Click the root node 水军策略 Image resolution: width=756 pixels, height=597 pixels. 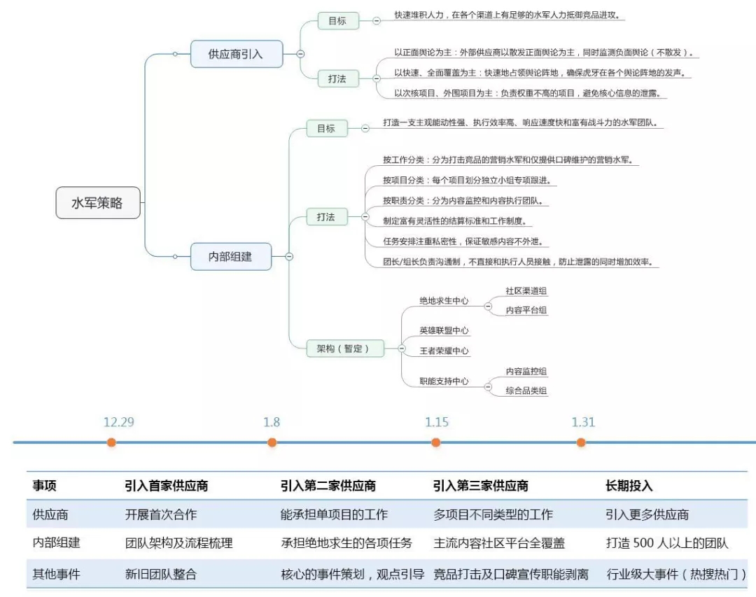tap(98, 203)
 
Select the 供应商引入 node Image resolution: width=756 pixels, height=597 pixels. tap(237, 54)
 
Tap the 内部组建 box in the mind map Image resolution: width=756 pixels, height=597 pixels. tap(230, 257)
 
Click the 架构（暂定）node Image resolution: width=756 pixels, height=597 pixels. tap(345, 348)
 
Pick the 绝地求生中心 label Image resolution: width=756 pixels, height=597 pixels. tap(444, 300)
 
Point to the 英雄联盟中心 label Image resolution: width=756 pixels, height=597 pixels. tap(444, 330)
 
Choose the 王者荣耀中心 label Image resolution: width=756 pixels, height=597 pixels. tap(444, 351)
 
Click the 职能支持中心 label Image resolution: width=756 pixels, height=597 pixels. tap(444, 381)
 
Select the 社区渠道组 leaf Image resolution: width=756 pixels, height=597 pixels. tap(526, 290)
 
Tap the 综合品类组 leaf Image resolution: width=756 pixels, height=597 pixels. tap(526, 391)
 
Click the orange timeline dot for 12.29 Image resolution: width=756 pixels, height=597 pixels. tap(111, 442)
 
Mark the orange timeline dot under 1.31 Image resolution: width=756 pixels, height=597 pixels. tap(581, 442)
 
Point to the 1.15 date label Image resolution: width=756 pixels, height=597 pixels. tap(437, 422)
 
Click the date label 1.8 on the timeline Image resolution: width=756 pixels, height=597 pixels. tap(272, 422)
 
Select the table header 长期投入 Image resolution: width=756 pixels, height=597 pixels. tap(629, 486)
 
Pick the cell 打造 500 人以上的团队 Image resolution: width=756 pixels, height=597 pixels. tap(666, 543)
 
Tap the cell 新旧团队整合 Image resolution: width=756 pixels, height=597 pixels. tap(160, 575)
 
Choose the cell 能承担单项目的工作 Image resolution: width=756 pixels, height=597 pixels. tap(333, 514)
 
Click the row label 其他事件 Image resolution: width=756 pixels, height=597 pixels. tap(56, 575)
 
